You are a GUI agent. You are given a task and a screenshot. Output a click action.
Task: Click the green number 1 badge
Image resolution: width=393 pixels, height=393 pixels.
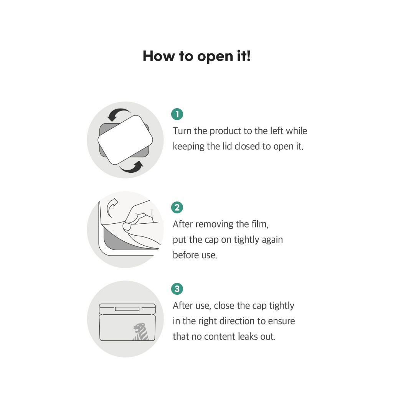pos(177,114)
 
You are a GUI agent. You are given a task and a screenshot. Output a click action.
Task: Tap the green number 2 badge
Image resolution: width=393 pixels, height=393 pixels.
pos(177,207)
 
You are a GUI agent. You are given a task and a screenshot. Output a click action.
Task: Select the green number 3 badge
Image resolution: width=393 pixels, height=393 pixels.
pos(177,289)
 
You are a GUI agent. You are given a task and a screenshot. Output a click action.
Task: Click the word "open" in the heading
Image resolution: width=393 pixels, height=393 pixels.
pos(215,57)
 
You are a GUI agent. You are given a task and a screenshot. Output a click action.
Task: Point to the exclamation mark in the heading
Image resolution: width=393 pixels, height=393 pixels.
pos(248,55)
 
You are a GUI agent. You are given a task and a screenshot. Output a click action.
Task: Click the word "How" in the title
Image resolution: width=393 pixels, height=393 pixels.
pos(159,56)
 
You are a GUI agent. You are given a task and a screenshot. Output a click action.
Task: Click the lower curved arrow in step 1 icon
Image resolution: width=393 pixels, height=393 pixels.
pos(132,167)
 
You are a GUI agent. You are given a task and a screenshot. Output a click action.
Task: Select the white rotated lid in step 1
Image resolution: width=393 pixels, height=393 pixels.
pos(125,140)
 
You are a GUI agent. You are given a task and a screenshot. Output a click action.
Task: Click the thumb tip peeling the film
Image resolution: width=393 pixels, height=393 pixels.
pos(127,227)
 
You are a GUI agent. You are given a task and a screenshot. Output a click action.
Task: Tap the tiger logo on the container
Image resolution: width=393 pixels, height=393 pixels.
pos(141,332)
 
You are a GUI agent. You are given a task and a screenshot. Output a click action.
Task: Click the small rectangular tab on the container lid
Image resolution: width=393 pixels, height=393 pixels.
pos(127,309)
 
